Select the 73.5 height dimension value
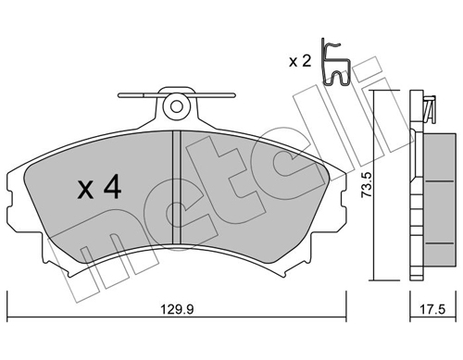coord(365,186)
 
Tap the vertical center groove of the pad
coord(176,185)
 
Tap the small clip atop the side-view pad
coord(428,108)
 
